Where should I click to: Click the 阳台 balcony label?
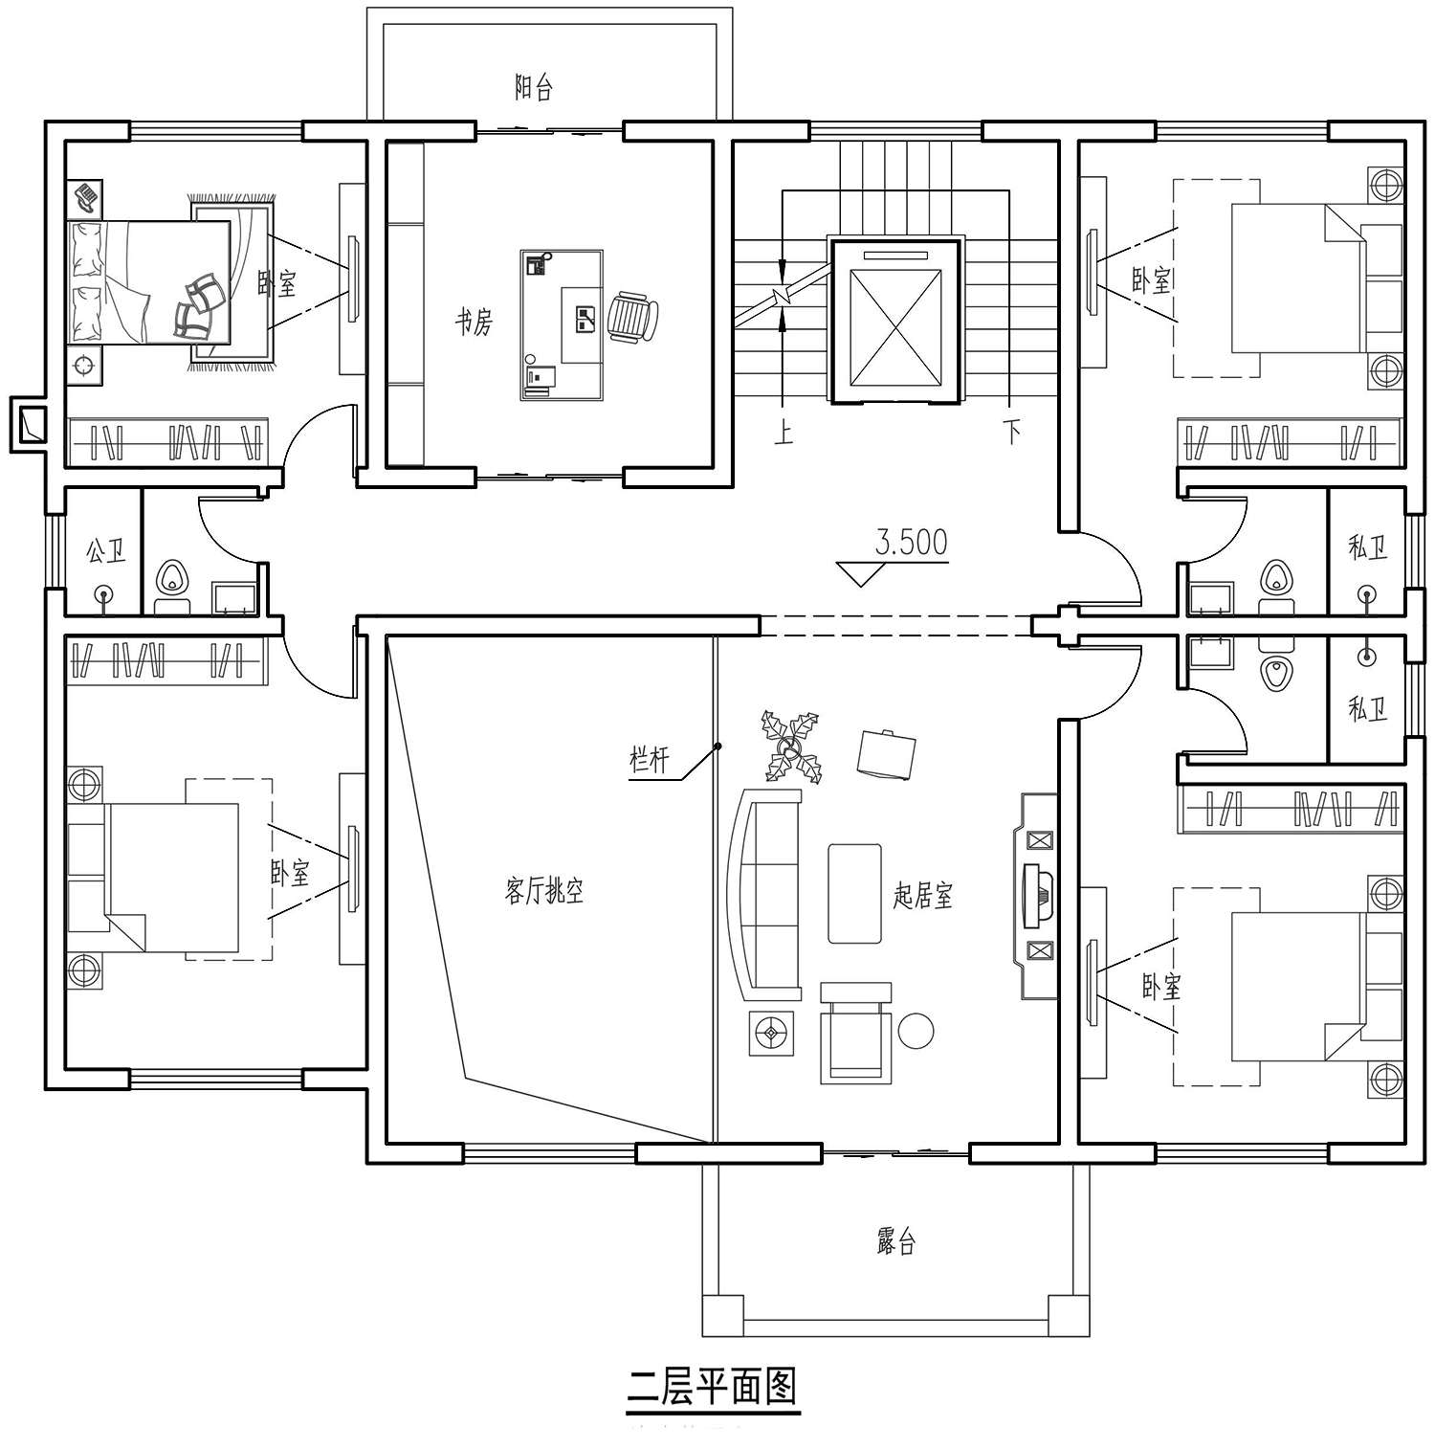tap(534, 89)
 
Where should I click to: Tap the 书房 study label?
tap(474, 323)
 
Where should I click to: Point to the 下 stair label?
tap(1012, 433)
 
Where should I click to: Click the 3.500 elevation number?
tap(911, 543)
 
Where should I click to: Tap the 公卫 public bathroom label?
tap(105, 551)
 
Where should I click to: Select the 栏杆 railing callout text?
tap(649, 760)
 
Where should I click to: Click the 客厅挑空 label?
tap(543, 892)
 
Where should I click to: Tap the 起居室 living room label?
tap(923, 896)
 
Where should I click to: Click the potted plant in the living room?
tap(791, 747)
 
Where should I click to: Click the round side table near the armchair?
tap(916, 1031)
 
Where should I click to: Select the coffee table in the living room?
tap(854, 893)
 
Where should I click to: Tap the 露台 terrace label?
tap(896, 1242)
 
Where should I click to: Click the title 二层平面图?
tap(713, 1387)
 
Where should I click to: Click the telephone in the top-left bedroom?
tap(86, 198)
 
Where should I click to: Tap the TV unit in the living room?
tap(1036, 896)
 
